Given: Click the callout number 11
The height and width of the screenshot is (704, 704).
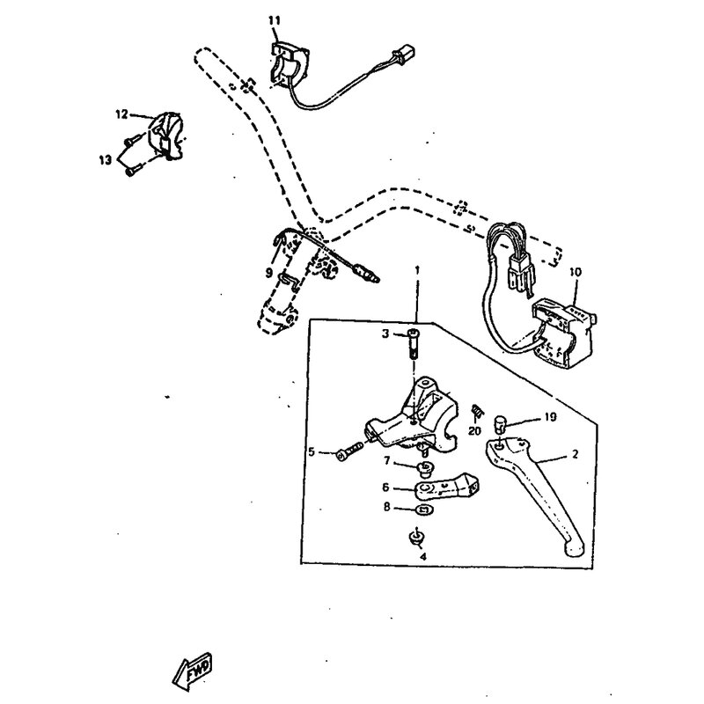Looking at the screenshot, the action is pyautogui.click(x=275, y=20).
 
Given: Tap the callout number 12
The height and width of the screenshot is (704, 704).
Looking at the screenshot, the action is pyautogui.click(x=121, y=114).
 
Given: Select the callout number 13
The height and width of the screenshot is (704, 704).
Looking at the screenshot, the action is pyautogui.click(x=105, y=160).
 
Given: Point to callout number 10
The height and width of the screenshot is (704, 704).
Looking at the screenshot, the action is pyautogui.click(x=576, y=272).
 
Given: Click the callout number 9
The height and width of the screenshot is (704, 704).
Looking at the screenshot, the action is pyautogui.click(x=269, y=273).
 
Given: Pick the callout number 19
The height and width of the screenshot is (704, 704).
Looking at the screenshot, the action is pyautogui.click(x=551, y=417).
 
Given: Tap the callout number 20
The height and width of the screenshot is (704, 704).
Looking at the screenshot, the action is pyautogui.click(x=474, y=431).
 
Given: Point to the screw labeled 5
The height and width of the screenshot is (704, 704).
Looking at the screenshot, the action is pyautogui.click(x=349, y=451).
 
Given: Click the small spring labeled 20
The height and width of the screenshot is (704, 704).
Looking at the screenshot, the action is pyautogui.click(x=477, y=409).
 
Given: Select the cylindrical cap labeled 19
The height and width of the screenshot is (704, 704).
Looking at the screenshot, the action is pyautogui.click(x=500, y=423).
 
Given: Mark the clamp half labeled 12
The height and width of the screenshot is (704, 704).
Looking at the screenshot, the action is pyautogui.click(x=168, y=136).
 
